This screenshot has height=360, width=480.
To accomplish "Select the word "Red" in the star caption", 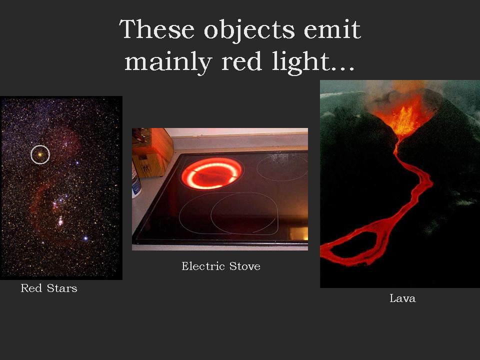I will pyautogui.click(x=29, y=288).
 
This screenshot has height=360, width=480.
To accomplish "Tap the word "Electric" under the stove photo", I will pyautogui.click(x=203, y=266).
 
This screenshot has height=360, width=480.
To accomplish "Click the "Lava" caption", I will pyautogui.click(x=402, y=299).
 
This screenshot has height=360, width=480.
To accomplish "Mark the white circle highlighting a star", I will pyautogui.click(x=40, y=155).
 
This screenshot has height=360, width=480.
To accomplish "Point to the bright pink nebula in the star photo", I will pyautogui.click(x=60, y=220).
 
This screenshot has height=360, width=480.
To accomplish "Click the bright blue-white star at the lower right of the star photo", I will pyautogui.click(x=85, y=238).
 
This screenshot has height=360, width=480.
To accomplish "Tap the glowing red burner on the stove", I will pyautogui.click(x=212, y=173).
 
